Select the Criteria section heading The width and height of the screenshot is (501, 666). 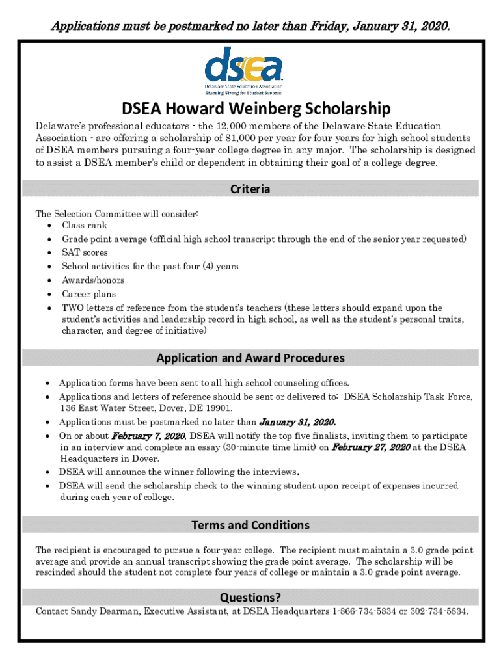click(251, 189)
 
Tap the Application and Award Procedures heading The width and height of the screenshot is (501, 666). click(251, 358)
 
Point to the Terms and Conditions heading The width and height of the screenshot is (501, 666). click(251, 525)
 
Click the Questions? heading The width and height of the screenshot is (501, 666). click(251, 597)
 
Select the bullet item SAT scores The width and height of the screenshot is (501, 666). click(85, 252)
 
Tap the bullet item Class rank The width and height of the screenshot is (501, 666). click(85, 225)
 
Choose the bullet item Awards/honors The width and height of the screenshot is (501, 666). click(93, 280)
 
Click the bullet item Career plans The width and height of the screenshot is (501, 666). click(88, 294)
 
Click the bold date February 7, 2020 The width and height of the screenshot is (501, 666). click(148, 435)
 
